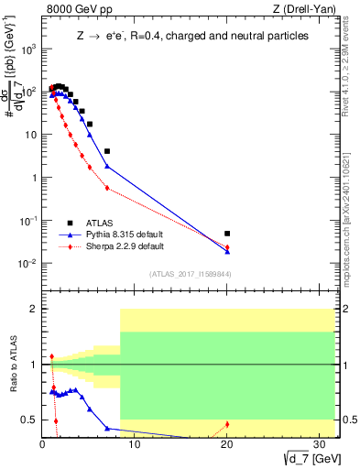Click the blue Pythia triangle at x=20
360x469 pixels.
pyautogui.click(x=227, y=250)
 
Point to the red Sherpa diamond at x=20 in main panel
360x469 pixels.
pyautogui.click(x=227, y=247)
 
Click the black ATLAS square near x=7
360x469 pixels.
pyautogui.click(x=107, y=151)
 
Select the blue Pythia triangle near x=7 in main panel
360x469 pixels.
pyautogui.click(x=107, y=166)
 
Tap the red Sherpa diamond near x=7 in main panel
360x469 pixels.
pyautogui.click(x=107, y=188)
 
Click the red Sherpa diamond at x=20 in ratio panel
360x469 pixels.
pyautogui.click(x=227, y=424)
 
